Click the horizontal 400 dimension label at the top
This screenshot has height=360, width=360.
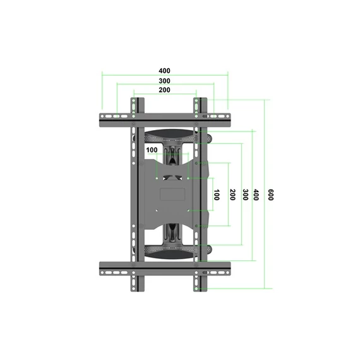[164, 71]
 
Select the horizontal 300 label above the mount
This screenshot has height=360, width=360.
[164, 81]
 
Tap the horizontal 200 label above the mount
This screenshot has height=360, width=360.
[164, 91]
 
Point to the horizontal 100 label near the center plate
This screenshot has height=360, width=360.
[152, 150]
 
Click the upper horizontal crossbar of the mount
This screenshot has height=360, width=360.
[164, 118]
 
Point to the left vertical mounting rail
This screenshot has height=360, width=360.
[135, 196]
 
